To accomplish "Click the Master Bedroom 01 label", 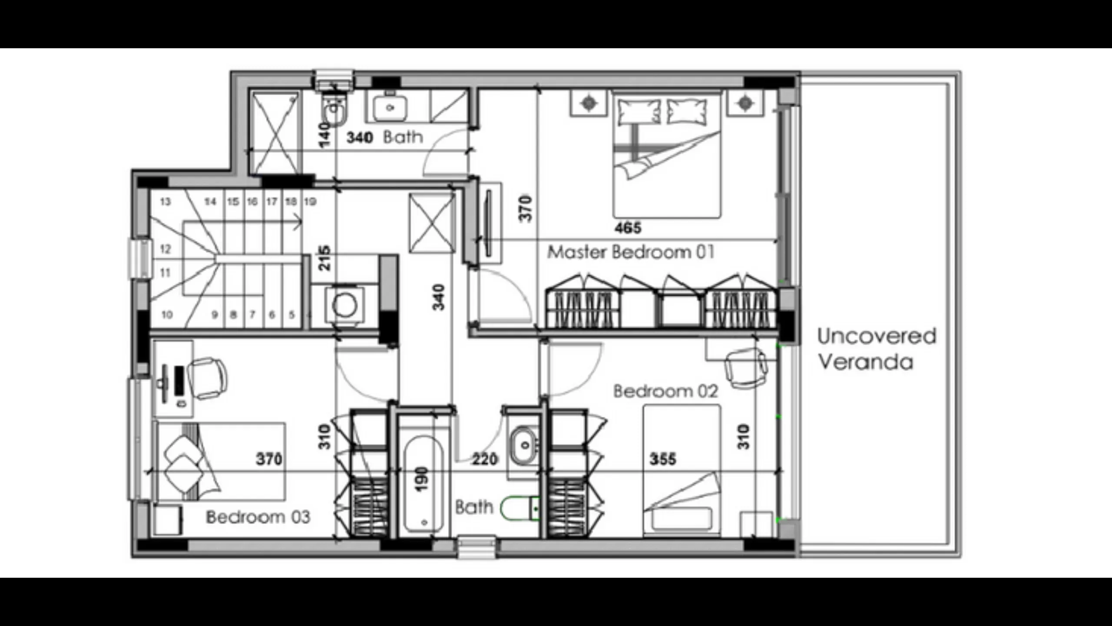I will click(x=630, y=252).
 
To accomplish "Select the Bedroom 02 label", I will click(x=665, y=391).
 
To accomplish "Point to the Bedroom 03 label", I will click(x=258, y=517).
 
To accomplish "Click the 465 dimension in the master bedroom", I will click(x=628, y=228).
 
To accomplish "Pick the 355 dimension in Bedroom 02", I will click(x=662, y=459).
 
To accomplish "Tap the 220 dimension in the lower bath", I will click(x=484, y=459).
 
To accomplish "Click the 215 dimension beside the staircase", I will click(x=324, y=258).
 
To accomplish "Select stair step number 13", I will click(x=165, y=202).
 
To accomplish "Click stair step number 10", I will click(x=167, y=314).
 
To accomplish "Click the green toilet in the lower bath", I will click(x=519, y=508).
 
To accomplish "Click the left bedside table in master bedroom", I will click(x=588, y=103).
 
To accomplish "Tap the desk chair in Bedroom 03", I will click(x=208, y=378).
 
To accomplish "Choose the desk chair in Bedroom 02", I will click(x=745, y=368).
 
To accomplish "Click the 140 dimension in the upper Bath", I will click(x=324, y=135).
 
